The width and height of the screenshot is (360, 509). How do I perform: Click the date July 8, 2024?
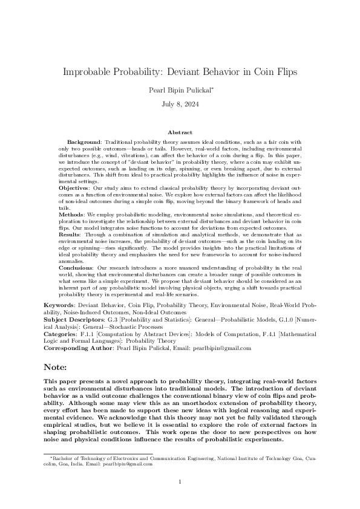tap(180, 104)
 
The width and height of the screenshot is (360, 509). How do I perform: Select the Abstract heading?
tap(180, 132)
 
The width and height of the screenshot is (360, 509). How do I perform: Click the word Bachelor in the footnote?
tap(63, 459)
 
